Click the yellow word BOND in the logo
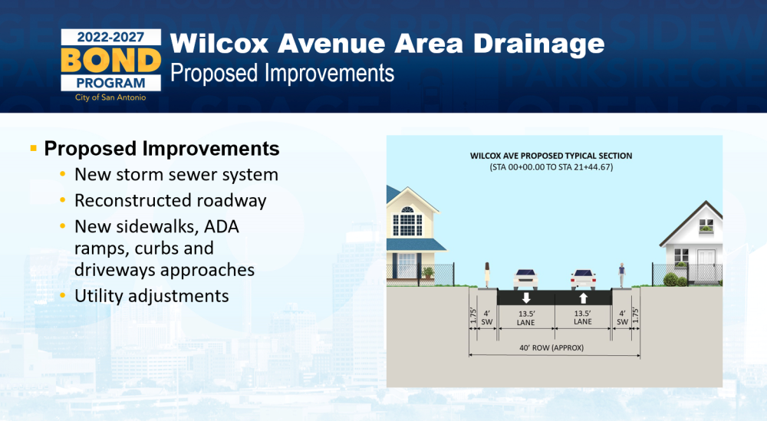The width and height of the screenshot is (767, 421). (x=111, y=60)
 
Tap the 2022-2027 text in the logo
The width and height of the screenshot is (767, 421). (x=110, y=37)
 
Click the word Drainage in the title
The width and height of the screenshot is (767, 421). (x=538, y=44)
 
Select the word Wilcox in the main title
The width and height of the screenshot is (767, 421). (x=219, y=44)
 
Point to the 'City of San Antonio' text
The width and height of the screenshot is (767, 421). (x=110, y=97)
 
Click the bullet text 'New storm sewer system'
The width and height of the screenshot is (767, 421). (x=176, y=175)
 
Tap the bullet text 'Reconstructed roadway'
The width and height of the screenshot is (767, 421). (x=170, y=200)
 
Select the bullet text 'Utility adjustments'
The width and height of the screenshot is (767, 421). (x=152, y=296)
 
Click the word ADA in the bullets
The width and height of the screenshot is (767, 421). (x=222, y=226)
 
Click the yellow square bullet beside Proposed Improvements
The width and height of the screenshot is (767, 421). (x=33, y=148)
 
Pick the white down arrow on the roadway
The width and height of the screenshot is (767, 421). (x=526, y=298)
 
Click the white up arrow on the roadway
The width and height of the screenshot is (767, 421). (x=583, y=298)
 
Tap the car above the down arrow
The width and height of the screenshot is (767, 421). (x=525, y=279)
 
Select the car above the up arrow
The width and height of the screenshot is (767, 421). (x=583, y=280)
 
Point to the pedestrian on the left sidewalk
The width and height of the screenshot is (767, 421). (x=487, y=275)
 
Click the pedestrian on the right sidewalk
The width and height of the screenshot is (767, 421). (x=622, y=275)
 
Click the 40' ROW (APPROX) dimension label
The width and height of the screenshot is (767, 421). (x=551, y=348)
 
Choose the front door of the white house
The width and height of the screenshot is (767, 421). (x=706, y=265)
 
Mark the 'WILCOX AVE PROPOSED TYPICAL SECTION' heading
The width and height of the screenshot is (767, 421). (x=551, y=156)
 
